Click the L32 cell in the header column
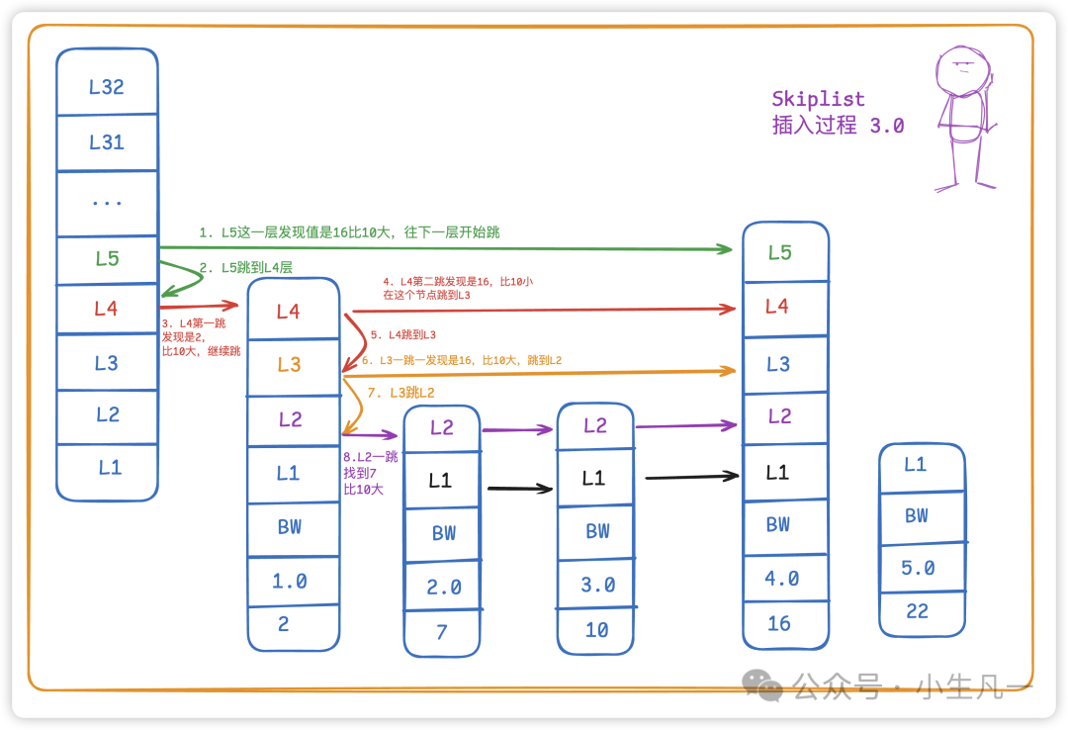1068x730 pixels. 107,87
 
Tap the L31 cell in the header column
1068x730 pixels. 107,142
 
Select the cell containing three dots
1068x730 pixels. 107,204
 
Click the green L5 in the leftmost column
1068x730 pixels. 107,259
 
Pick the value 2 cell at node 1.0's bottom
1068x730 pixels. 284,624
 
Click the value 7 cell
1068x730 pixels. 442,632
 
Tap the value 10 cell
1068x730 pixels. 596,630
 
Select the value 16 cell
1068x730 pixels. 779,623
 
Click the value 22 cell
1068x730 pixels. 918,611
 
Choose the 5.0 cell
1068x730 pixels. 918,568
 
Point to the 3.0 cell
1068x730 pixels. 597,585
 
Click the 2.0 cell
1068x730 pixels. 443,587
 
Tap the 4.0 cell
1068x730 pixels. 781,579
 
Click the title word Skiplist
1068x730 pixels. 818,99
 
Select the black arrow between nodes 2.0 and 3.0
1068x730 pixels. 519,488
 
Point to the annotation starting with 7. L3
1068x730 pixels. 400,393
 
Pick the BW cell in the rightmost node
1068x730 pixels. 917,515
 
